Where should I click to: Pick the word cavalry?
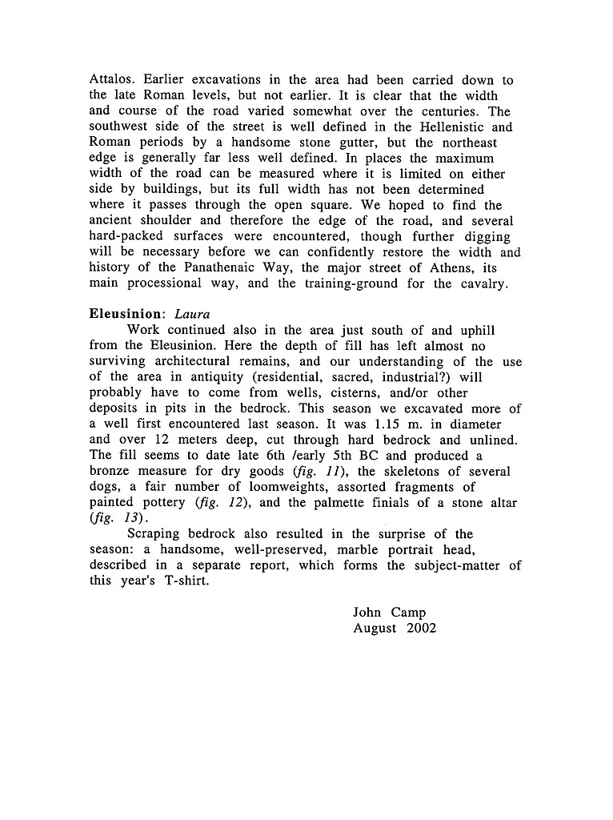(482, 283)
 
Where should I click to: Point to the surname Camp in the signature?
(409, 613)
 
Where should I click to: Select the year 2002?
(421, 629)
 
